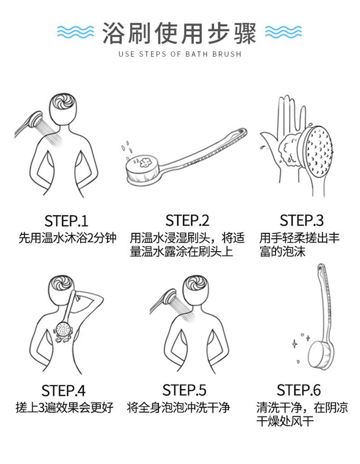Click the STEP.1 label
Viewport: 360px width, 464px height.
click(66, 221)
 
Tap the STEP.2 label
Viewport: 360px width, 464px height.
click(187, 221)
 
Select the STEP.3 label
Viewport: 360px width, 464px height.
click(301, 221)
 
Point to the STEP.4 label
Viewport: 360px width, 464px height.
click(63, 391)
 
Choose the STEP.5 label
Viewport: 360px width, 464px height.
click(184, 390)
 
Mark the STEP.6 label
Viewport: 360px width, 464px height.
click(298, 390)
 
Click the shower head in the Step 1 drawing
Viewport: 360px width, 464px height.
click(35, 118)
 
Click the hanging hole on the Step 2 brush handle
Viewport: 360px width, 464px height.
click(243, 131)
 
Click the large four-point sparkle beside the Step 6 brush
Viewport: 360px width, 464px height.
click(295, 344)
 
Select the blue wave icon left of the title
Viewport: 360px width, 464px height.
click(75, 32)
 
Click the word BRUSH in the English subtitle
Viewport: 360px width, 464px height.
click(227, 54)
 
